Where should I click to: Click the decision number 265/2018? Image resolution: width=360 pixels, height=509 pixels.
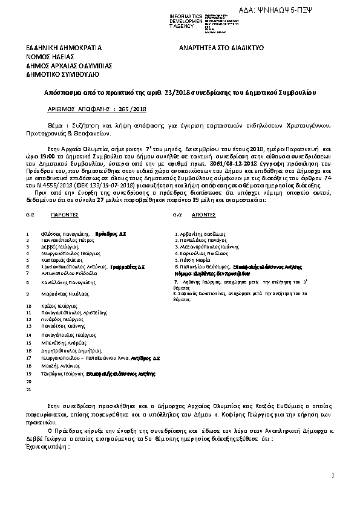tap(133, 109)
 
